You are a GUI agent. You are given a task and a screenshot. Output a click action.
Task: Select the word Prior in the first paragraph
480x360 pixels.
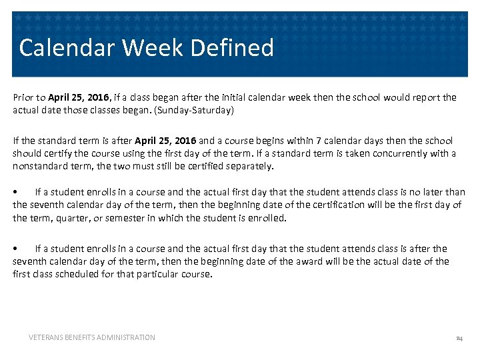tap(23, 97)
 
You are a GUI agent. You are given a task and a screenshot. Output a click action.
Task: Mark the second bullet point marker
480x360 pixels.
tap(16, 249)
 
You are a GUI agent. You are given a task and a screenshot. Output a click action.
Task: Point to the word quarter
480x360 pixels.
tap(65, 218)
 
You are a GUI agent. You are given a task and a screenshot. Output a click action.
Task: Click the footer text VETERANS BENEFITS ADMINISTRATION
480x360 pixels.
tap(92, 338)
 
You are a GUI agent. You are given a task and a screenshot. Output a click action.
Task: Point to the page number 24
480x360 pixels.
tap(459, 339)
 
